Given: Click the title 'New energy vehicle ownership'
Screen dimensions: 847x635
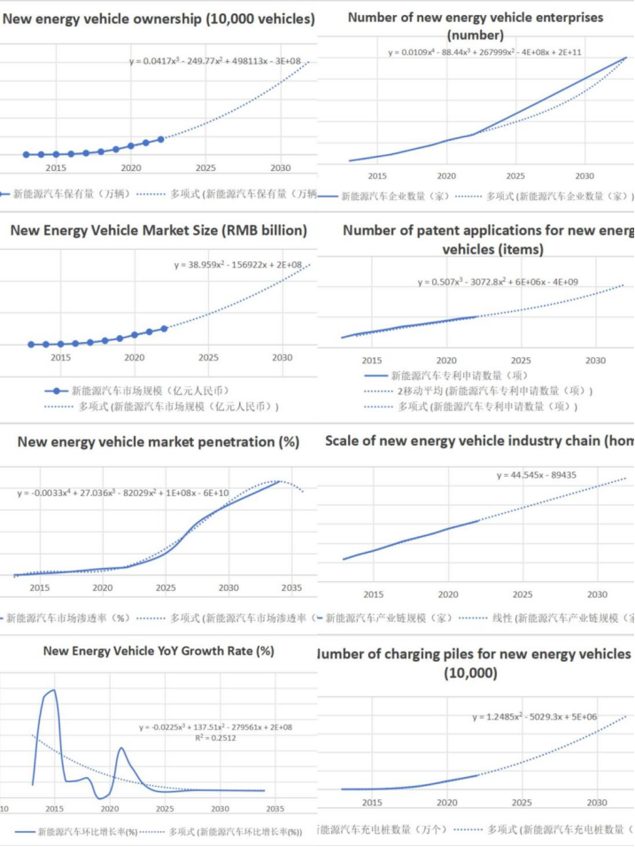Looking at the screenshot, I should [159, 19].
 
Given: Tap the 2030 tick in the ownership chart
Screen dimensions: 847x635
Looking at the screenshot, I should [280, 167].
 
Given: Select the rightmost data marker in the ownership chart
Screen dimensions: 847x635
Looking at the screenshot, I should [161, 139].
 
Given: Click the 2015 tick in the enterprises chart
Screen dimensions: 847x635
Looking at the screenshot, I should [377, 175].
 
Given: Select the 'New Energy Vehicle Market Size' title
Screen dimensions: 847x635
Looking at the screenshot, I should [159, 230].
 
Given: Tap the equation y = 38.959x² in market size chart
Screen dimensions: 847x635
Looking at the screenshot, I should [238, 265].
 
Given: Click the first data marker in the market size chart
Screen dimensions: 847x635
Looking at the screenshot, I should [31, 344].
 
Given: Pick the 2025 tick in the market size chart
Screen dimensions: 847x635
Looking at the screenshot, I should [208, 358].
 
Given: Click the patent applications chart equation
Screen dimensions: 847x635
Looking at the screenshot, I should [499, 283].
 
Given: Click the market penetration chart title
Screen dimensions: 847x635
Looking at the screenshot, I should [159, 441].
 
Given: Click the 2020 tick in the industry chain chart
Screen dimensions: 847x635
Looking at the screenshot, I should [447, 594].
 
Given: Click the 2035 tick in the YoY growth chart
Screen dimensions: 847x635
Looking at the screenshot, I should [275, 808].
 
